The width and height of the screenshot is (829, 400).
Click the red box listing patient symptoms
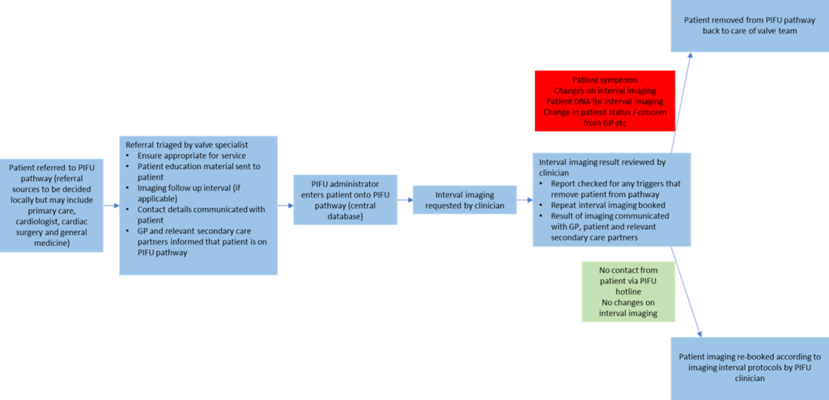(x=605, y=100)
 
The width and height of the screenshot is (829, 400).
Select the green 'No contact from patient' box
(x=628, y=291)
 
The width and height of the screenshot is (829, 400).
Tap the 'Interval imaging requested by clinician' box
(x=465, y=200)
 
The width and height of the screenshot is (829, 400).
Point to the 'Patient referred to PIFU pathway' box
(x=52, y=206)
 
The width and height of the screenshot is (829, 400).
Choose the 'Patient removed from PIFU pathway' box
(x=749, y=25)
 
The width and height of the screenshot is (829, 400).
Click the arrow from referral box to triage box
(x=112, y=206)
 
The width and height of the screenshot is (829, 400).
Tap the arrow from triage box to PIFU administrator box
(x=285, y=206)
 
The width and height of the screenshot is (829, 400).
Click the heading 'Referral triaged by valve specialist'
(x=176, y=144)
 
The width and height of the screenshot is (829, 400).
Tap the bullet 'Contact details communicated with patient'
(x=198, y=214)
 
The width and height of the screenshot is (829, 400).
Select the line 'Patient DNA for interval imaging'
(x=605, y=101)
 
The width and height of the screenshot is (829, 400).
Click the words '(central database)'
(x=346, y=216)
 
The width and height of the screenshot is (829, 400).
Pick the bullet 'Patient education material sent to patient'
(x=198, y=171)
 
